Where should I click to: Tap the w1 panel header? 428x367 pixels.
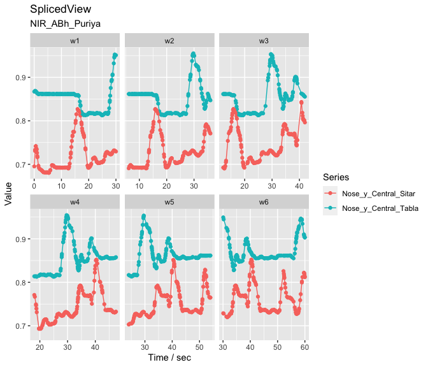point(75,40)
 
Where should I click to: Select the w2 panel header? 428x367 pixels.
point(169,40)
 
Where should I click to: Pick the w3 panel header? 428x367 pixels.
point(264,40)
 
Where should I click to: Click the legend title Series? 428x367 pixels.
point(335,176)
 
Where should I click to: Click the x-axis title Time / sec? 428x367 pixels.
point(169,357)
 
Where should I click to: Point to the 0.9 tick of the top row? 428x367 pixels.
point(20,78)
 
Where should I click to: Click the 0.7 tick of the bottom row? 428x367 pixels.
point(20,326)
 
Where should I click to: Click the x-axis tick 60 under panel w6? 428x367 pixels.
point(304,345)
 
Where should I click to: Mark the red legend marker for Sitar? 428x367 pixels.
point(330,192)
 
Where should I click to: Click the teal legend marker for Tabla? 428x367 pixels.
point(330,208)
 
